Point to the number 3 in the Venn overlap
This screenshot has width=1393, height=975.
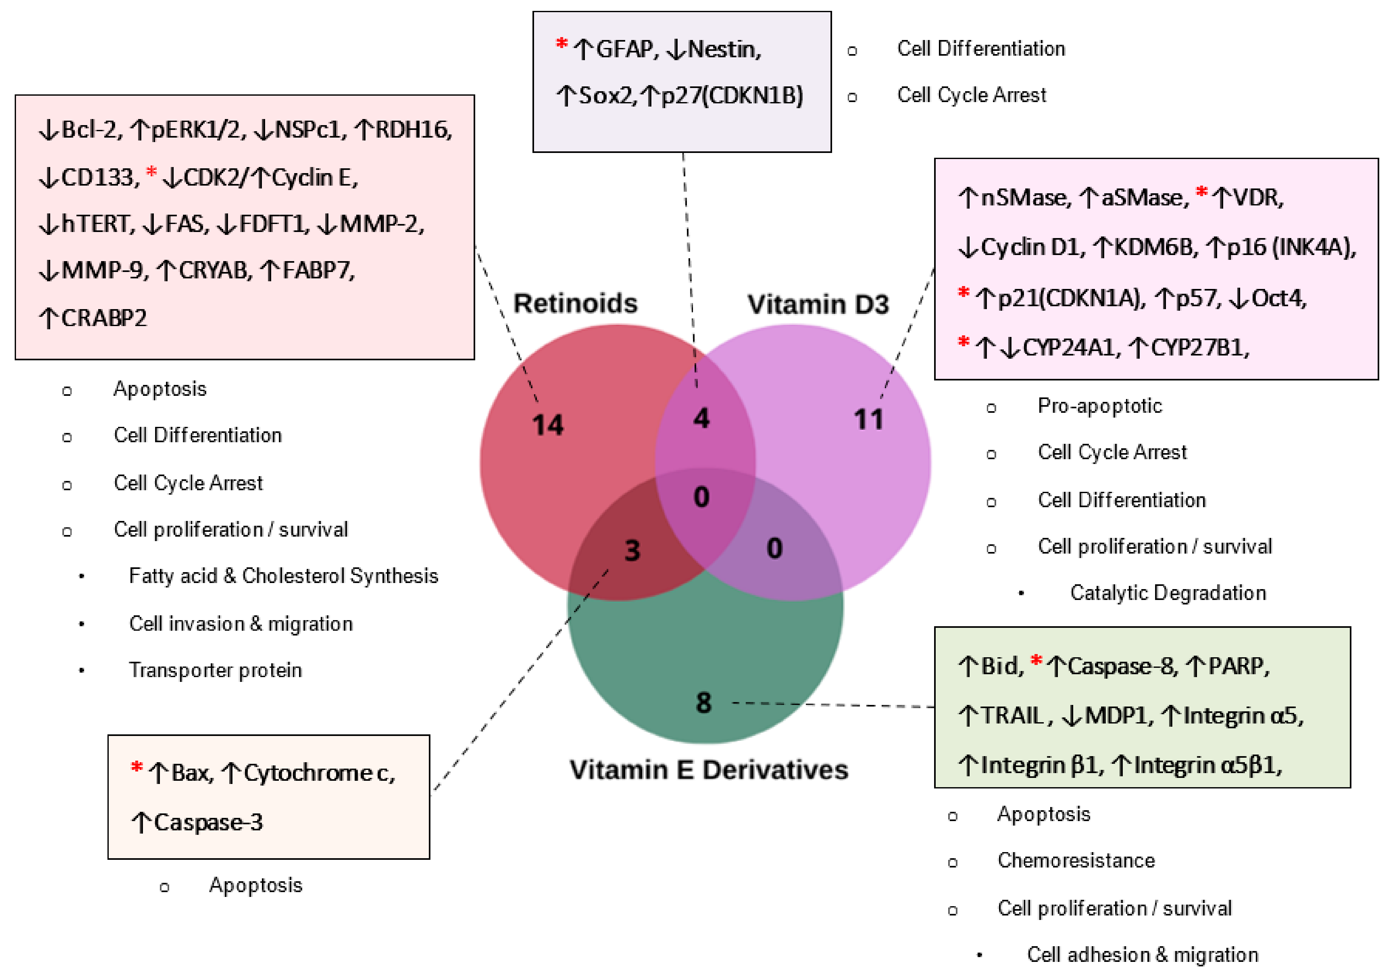tap(632, 551)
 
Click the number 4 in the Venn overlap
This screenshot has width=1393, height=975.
tap(701, 418)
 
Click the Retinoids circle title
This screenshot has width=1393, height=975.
tap(575, 303)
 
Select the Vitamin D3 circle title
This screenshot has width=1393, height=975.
tap(818, 304)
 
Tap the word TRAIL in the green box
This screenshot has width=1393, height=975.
tap(1012, 716)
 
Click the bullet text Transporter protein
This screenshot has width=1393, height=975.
tap(216, 670)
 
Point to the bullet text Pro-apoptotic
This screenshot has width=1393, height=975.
tap(1099, 405)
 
